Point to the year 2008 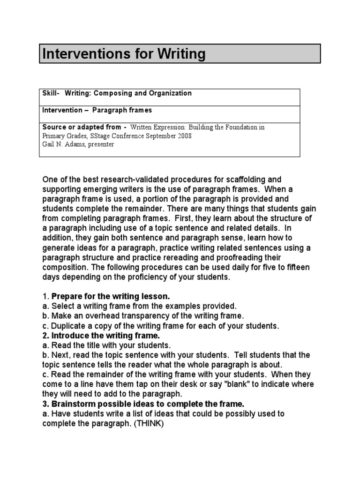(x=183, y=136)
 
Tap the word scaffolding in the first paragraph (x=248, y=180)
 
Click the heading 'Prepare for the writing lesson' (x=111, y=296)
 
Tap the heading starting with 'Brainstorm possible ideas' (x=141, y=404)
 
